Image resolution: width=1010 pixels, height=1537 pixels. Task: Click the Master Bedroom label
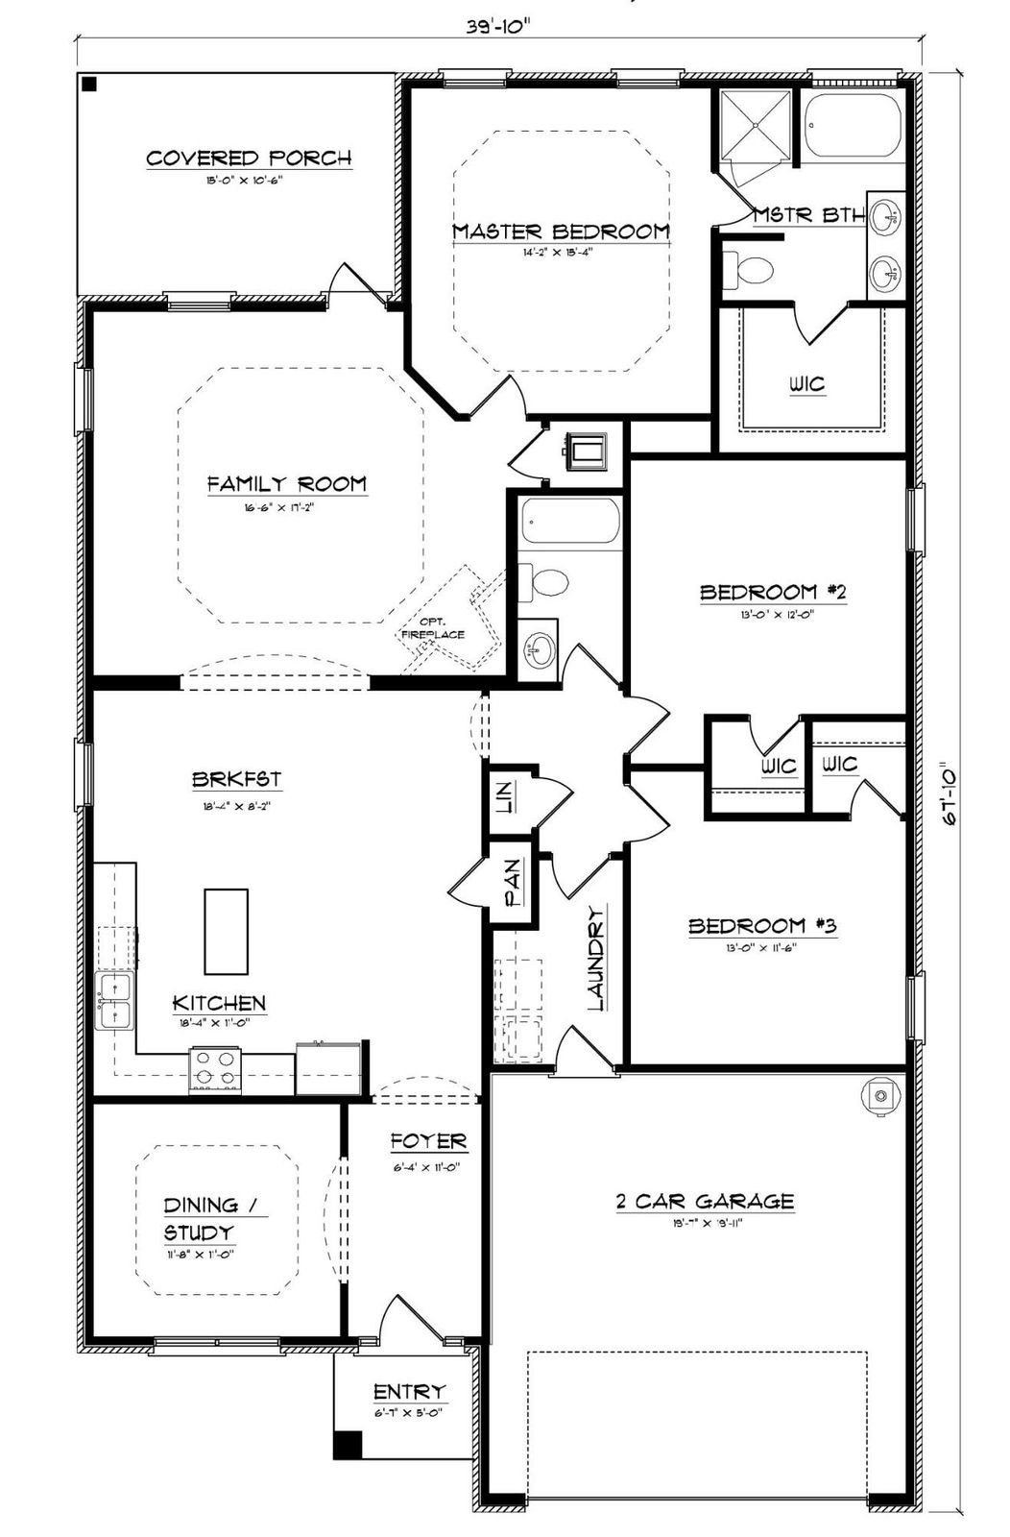561,232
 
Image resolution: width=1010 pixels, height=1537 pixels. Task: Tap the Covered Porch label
249,159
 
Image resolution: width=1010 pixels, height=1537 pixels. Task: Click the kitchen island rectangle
226,931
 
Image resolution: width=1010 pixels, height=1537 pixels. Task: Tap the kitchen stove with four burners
215,1070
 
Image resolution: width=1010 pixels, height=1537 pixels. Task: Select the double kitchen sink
113,1001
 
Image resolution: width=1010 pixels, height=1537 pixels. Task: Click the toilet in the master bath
749,270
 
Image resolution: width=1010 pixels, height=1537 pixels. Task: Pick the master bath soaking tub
853,126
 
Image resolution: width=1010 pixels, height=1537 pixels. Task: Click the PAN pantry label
514,884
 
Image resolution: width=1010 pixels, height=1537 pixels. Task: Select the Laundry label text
596,958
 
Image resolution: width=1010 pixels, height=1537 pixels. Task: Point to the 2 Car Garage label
705,1201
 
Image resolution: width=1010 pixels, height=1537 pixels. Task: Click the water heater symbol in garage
878,1095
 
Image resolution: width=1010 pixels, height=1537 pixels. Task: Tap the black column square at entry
348,1445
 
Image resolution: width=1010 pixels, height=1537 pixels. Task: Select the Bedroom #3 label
763,926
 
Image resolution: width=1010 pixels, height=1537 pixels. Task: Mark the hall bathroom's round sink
539,650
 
